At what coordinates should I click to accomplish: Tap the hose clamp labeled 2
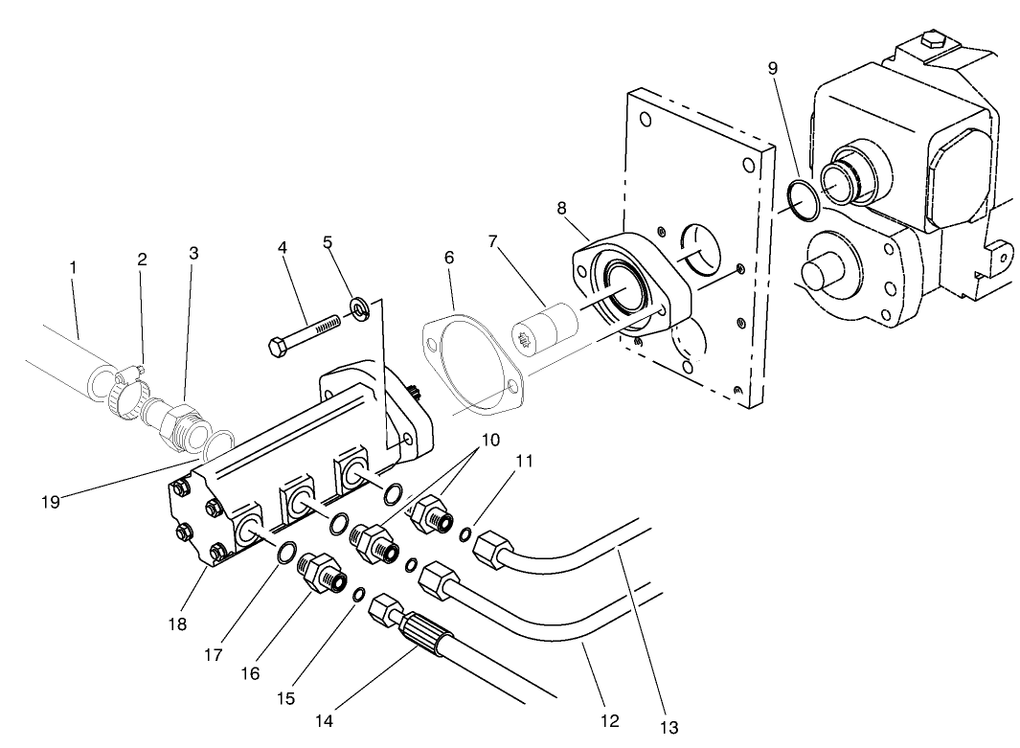tap(123, 391)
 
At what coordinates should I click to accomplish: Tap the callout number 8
tap(561, 208)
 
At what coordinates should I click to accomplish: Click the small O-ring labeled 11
tap(465, 534)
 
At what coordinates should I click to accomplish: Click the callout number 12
tap(609, 719)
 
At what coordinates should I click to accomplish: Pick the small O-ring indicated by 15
tap(358, 595)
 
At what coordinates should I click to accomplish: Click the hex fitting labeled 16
tap(321, 573)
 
